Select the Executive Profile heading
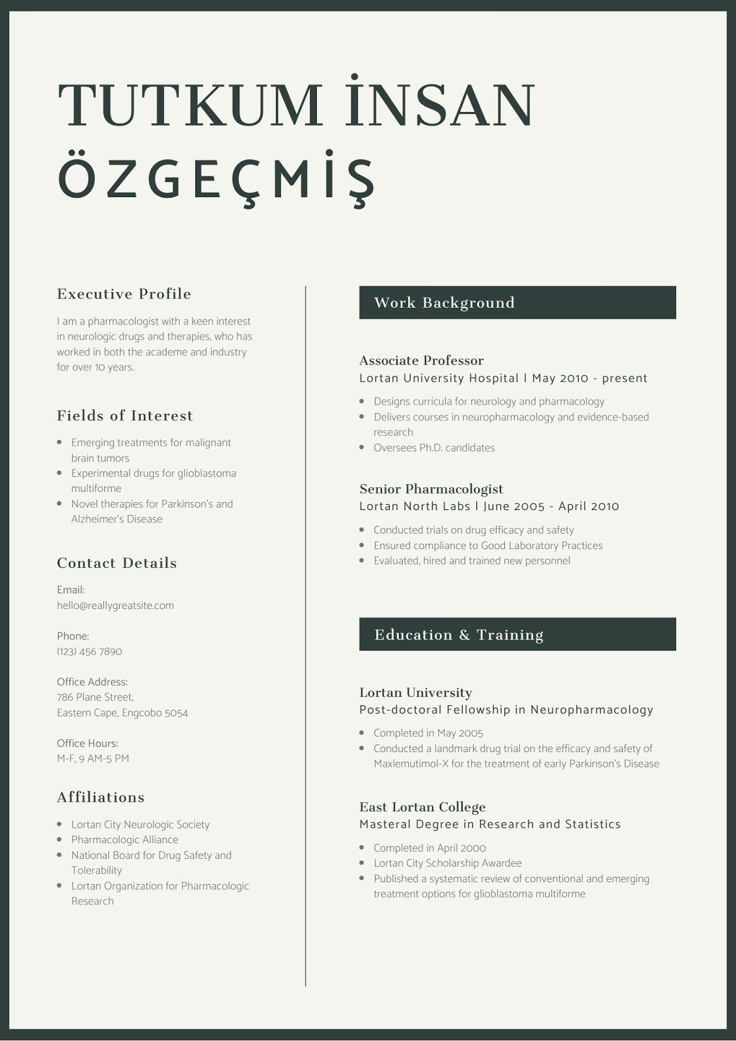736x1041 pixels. pyautogui.click(x=124, y=294)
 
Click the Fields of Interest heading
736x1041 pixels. pyautogui.click(x=125, y=416)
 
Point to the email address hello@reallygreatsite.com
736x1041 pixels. pyautogui.click(x=115, y=606)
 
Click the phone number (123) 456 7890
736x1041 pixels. pyautogui.click(x=89, y=651)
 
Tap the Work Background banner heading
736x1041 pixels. pyautogui.click(x=444, y=303)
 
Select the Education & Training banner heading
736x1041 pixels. pyautogui.click(x=459, y=635)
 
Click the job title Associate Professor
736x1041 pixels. pyautogui.click(x=421, y=360)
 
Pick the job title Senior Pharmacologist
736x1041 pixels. pyautogui.click(x=431, y=489)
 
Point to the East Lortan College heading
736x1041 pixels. pyautogui.click(x=422, y=807)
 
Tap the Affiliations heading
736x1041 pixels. pyautogui.click(x=101, y=798)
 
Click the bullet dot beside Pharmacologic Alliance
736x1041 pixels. pyautogui.click(x=60, y=840)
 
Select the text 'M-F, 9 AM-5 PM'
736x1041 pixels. pyautogui.click(x=93, y=759)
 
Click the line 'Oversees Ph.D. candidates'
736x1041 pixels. pyautogui.click(x=434, y=448)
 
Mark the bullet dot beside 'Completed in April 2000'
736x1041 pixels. pyautogui.click(x=362, y=848)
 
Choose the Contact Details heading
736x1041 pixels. pyautogui.click(x=116, y=563)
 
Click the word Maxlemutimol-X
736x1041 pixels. pyautogui.click(x=411, y=764)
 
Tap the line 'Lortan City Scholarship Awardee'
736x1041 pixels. pyautogui.click(x=448, y=863)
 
